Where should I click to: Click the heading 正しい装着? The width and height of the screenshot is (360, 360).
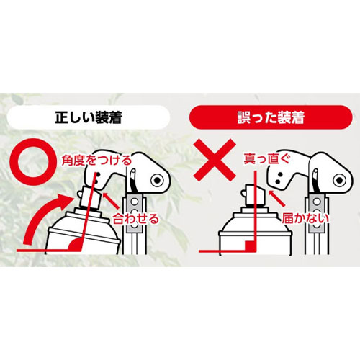(x=89, y=117)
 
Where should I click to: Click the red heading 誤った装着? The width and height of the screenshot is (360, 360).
(x=271, y=117)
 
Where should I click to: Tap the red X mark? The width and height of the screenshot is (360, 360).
(x=215, y=160)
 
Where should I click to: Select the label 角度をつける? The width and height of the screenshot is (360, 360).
(x=97, y=160)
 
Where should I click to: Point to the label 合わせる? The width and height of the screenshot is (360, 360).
(x=136, y=219)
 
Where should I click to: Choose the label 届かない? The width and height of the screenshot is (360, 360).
(x=305, y=218)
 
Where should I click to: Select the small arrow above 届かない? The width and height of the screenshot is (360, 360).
(x=276, y=198)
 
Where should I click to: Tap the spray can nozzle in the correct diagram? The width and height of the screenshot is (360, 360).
(x=90, y=197)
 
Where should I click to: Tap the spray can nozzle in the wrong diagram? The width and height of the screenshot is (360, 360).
(x=253, y=196)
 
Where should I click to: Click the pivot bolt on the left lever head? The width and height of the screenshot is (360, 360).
(x=157, y=180)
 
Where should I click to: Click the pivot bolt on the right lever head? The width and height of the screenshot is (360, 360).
(x=339, y=180)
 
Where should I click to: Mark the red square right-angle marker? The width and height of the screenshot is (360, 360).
(x=250, y=246)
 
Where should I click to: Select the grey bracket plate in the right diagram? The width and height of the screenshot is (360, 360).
(x=317, y=213)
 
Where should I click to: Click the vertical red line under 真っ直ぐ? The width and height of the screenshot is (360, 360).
(x=256, y=211)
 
